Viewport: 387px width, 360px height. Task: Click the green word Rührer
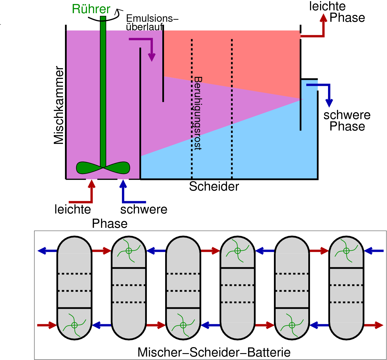91,9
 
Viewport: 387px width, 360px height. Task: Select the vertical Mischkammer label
59,105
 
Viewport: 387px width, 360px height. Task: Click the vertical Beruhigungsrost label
198,113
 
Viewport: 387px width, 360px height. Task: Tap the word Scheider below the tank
214,187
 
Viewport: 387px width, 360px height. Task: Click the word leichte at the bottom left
73,209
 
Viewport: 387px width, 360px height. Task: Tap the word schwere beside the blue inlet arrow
144,209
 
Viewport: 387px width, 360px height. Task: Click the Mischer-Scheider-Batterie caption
214,352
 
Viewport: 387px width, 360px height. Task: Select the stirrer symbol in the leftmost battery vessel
74,325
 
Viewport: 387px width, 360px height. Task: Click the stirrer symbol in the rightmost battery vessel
346,251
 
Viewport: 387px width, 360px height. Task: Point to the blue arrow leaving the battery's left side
47,251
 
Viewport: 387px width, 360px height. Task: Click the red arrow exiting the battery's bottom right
373,325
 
